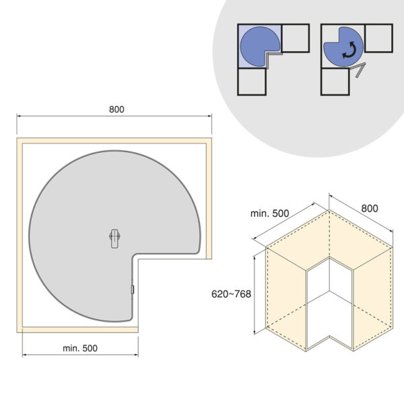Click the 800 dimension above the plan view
click(116, 110)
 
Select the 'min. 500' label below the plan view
click(80, 348)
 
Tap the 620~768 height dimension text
click(231, 294)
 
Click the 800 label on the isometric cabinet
click(370, 209)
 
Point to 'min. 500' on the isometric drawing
click(270, 213)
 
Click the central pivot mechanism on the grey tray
click(114, 238)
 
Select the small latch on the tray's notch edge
click(133, 290)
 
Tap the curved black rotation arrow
click(349, 50)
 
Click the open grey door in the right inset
click(359, 69)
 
